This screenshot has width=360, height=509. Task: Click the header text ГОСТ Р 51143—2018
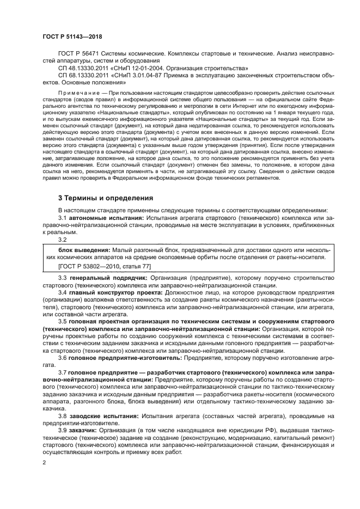pos(72,36)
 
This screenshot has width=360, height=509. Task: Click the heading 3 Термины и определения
pos(106,197)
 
